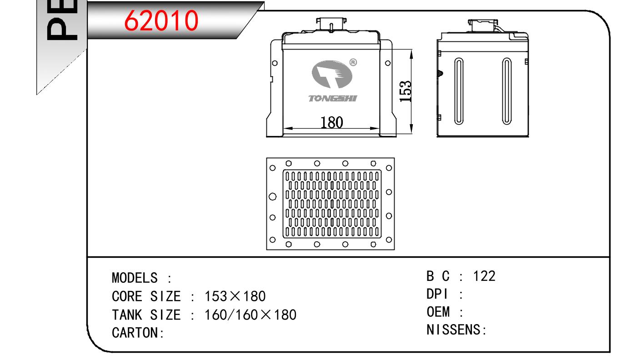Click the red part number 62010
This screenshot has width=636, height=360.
click(x=161, y=20)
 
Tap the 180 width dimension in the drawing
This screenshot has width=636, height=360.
click(x=331, y=122)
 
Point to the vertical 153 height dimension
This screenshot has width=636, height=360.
click(x=406, y=91)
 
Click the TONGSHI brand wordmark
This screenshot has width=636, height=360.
click(x=332, y=99)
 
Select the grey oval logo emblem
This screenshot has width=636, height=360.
click(x=332, y=74)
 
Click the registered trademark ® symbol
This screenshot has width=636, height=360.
click(x=353, y=62)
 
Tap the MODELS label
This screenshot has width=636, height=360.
click(x=135, y=278)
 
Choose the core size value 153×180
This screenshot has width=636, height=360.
click(x=235, y=296)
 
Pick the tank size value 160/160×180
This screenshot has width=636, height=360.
click(x=250, y=315)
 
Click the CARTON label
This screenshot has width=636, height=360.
click(x=138, y=333)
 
